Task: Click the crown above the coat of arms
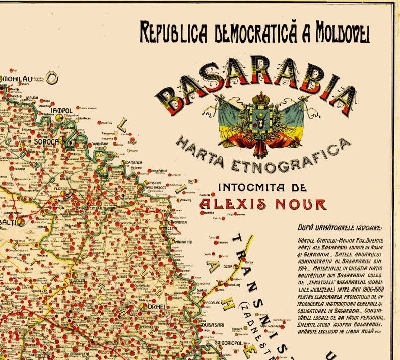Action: [261, 97]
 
